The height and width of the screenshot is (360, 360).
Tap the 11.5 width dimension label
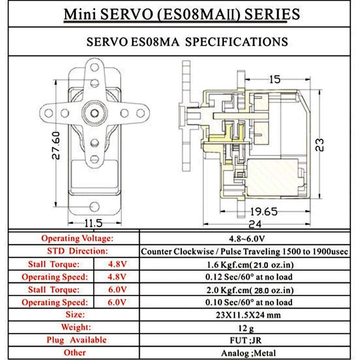pos(92,223)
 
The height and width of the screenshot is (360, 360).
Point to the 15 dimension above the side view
pos(274,80)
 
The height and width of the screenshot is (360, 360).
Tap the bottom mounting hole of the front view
pos(94,206)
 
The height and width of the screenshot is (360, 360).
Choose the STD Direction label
pos(77,251)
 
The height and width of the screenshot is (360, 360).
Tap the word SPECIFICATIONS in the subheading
pos(237,42)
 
